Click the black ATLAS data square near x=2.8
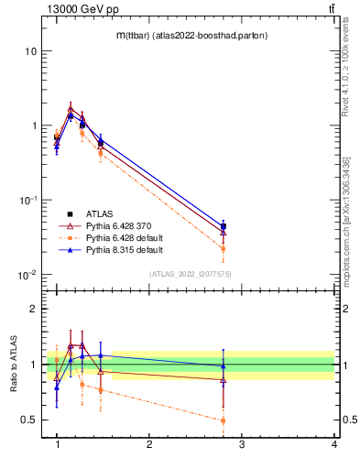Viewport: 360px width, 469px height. (x=224, y=226)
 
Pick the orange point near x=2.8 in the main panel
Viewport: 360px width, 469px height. (x=224, y=248)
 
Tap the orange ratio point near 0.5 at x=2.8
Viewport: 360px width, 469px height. (x=224, y=421)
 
